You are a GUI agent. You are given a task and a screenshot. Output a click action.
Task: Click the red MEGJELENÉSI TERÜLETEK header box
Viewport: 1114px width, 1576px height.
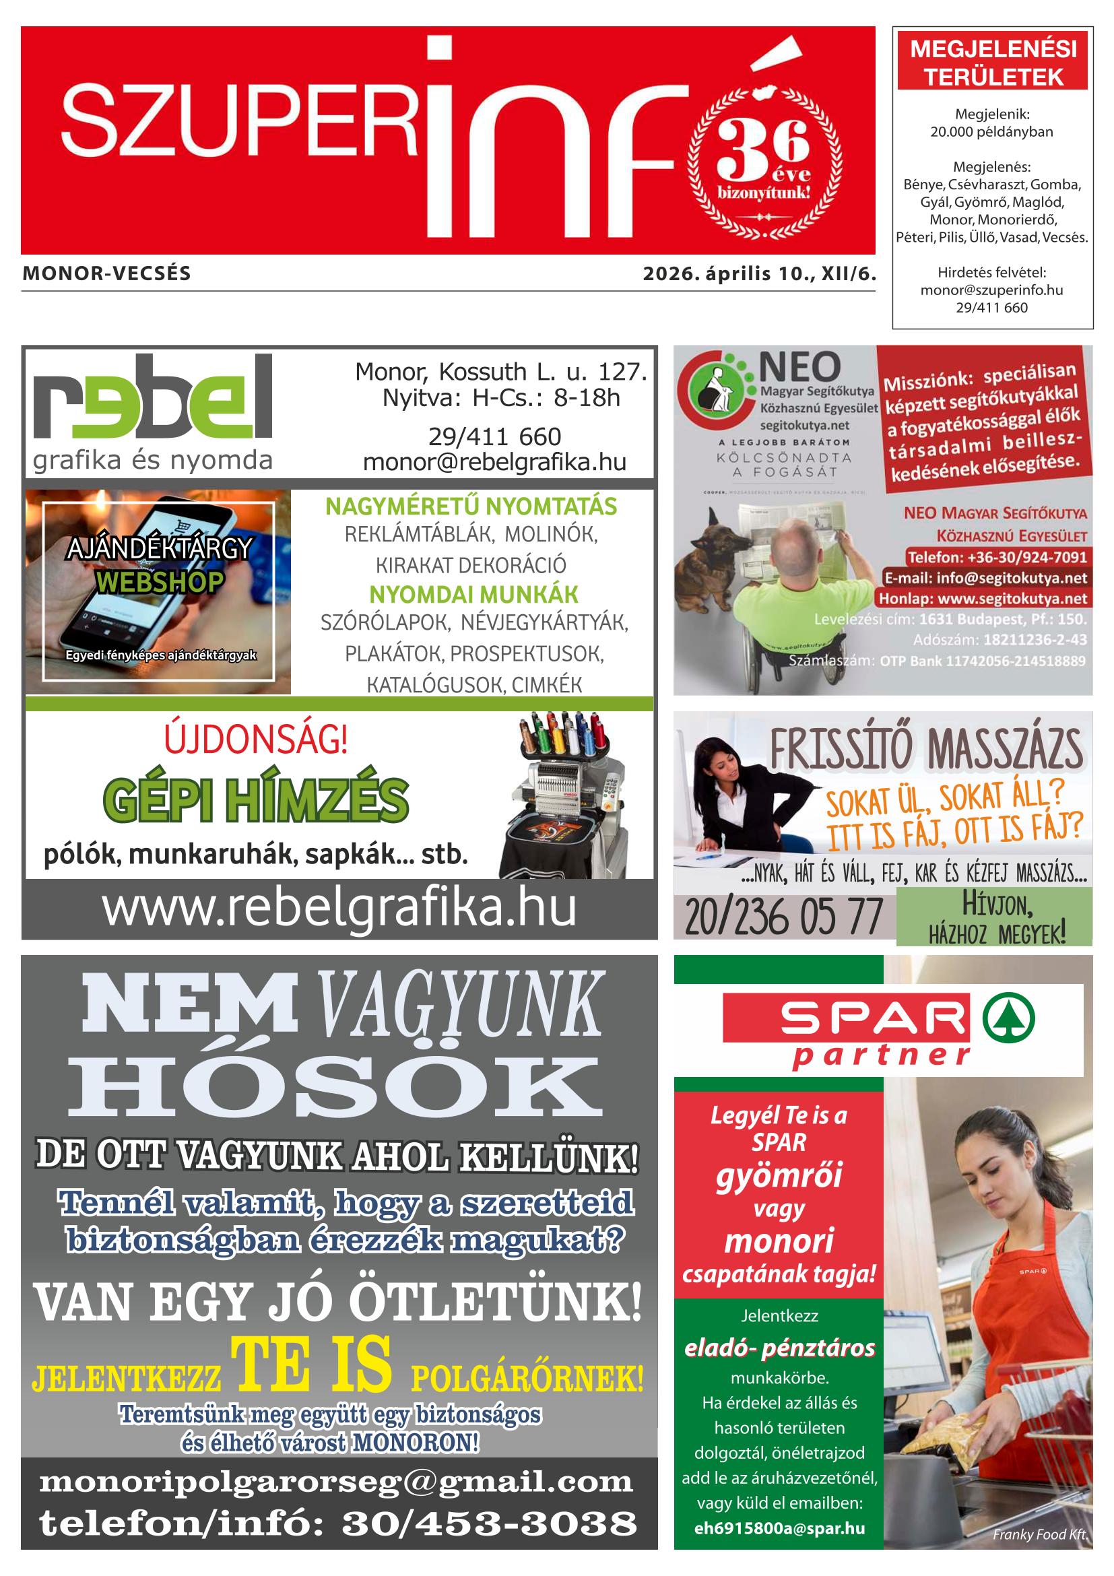pos(992,64)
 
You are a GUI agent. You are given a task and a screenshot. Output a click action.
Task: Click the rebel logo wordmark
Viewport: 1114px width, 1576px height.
pos(152,399)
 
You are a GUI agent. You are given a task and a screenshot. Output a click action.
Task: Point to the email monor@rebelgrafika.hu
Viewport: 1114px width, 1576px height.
pos(494,463)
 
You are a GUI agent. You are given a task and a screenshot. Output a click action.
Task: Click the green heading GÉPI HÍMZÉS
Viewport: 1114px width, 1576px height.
pos(255,800)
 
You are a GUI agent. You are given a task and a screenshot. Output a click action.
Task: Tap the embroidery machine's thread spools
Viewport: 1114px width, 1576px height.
pos(564,736)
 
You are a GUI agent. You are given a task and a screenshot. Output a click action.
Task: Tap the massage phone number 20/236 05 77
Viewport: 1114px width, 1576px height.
pos(783,918)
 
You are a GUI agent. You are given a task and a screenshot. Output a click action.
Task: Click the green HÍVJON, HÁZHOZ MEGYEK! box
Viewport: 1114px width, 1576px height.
pos(993,917)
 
